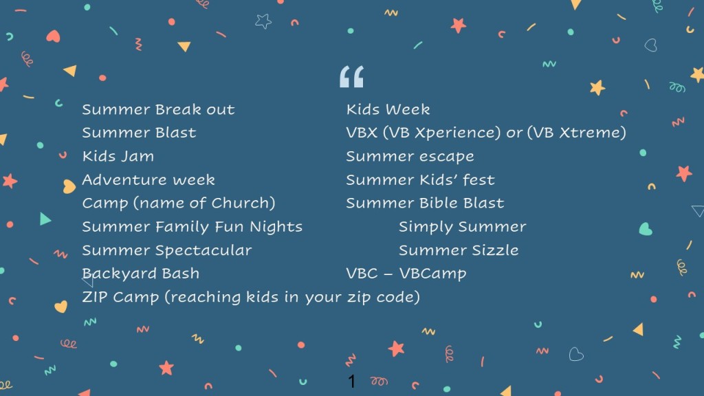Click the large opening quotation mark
351,76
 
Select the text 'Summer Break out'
158,109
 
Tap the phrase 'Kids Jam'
118,156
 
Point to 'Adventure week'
148,179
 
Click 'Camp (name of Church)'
179,203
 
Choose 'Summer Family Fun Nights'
192,227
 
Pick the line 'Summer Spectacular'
167,250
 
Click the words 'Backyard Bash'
140,274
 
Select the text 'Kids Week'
388,109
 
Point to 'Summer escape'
410,157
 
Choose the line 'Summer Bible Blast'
425,203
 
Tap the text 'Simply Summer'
463,227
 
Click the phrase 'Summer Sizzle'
459,250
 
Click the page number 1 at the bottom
351,382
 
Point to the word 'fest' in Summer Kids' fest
479,180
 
